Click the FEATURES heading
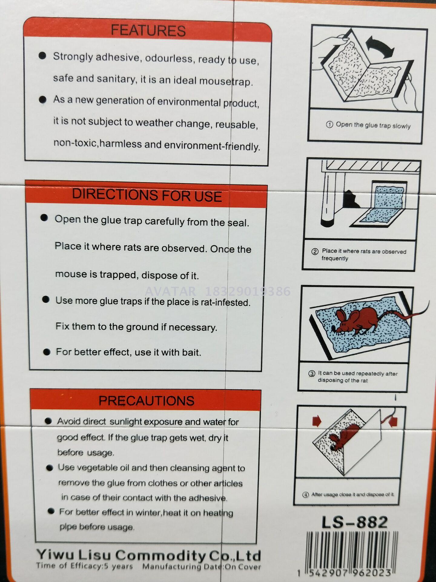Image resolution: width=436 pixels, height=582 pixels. [148, 31]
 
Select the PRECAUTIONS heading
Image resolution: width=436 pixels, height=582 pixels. [147, 401]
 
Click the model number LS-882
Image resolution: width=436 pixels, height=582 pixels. [355, 522]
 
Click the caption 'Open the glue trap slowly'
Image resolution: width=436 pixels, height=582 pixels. [373, 125]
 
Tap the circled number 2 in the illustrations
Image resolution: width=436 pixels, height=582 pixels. [315, 251]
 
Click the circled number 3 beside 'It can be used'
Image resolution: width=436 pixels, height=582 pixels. [312, 373]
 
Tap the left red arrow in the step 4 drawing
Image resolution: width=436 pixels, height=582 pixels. [317, 421]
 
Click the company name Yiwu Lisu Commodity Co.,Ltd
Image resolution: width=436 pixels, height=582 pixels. [149, 555]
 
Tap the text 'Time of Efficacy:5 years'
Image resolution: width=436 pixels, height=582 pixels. [84, 566]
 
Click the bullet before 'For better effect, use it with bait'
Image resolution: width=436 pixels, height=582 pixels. [47, 352]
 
